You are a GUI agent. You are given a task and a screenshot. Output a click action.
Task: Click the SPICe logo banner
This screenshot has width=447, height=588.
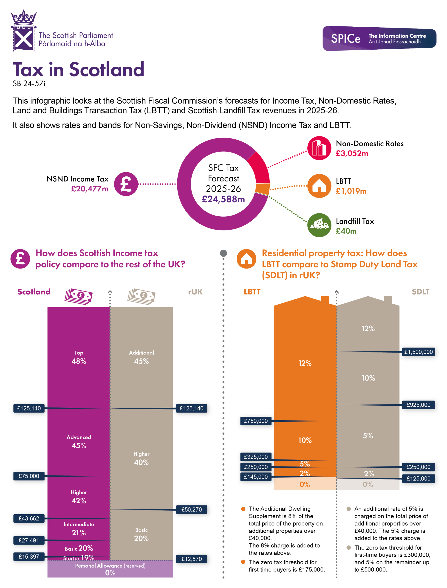click(x=379, y=38)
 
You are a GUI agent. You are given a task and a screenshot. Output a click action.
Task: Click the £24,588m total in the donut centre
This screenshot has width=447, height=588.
click(x=223, y=199)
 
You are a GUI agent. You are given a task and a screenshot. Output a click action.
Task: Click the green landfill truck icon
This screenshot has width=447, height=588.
click(x=319, y=225)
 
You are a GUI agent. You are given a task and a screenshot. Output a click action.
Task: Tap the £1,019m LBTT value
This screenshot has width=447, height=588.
click(x=351, y=191)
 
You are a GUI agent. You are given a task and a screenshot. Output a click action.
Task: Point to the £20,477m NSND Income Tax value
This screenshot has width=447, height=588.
click(x=90, y=189)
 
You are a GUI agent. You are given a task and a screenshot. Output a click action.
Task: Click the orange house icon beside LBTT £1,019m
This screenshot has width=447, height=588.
click(x=319, y=186)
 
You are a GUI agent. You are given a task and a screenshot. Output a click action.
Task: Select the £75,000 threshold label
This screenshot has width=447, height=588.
click(x=29, y=476)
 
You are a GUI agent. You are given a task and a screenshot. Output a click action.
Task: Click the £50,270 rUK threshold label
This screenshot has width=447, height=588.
click(x=191, y=509)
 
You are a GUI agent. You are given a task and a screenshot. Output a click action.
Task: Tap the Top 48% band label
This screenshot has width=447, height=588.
click(x=79, y=357)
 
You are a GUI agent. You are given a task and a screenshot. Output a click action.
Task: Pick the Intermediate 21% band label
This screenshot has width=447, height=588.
click(x=79, y=529)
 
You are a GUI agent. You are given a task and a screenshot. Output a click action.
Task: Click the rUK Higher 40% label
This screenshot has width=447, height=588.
click(x=141, y=458)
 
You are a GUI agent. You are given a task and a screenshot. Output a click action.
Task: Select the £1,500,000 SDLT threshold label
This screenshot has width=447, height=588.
click(x=418, y=352)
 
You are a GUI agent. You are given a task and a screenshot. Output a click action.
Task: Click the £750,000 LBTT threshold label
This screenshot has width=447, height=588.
click(x=256, y=421)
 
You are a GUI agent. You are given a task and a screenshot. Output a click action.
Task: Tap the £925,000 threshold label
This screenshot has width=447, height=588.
click(x=418, y=405)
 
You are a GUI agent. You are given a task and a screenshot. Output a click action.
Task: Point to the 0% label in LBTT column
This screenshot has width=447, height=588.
click(x=305, y=484)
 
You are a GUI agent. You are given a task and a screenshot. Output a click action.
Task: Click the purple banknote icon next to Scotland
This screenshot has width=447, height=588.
click(x=79, y=296)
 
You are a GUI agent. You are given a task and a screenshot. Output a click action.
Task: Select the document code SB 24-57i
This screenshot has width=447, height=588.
click(x=29, y=84)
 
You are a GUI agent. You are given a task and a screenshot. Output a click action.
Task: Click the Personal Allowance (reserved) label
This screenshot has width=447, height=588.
click(x=110, y=566)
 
